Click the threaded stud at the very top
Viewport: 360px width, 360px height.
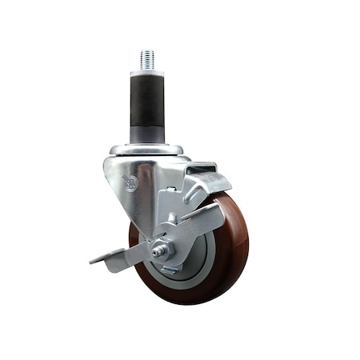[x=147, y=60]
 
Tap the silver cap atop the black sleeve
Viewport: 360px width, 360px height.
[x=147, y=74]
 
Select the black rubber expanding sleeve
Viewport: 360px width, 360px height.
[x=147, y=100]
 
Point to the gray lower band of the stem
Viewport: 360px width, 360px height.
[x=147, y=132]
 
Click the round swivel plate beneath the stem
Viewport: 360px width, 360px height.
[x=146, y=150]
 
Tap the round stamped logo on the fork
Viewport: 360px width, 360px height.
[x=130, y=183]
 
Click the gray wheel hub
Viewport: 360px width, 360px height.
[x=192, y=256]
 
